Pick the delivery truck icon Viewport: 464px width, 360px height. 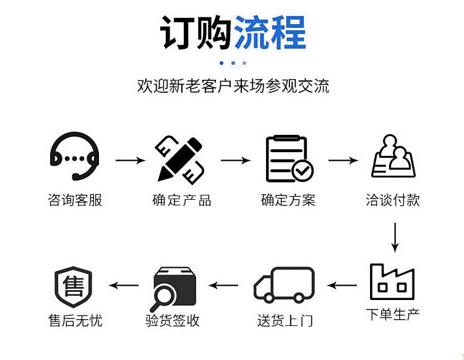284,285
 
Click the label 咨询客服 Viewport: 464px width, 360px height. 75,200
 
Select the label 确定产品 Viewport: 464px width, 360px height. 181,200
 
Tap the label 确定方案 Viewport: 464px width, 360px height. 288,200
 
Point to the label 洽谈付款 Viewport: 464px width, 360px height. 393,200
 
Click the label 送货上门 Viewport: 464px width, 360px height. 285,320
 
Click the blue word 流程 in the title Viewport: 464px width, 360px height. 270,32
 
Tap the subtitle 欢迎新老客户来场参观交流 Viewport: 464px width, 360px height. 233,86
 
